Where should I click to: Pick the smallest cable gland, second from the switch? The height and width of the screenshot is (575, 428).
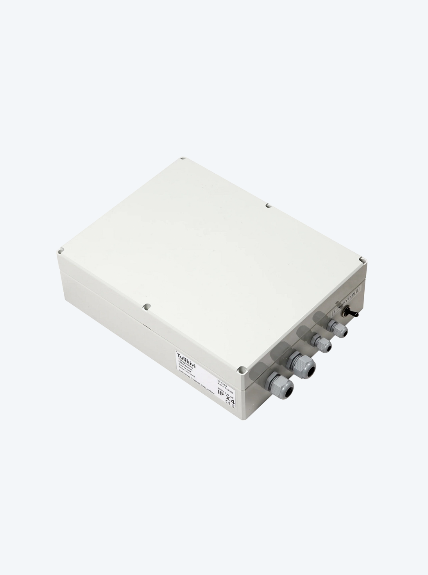[322, 345]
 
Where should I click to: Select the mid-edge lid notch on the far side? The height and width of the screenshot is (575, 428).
[268, 205]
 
